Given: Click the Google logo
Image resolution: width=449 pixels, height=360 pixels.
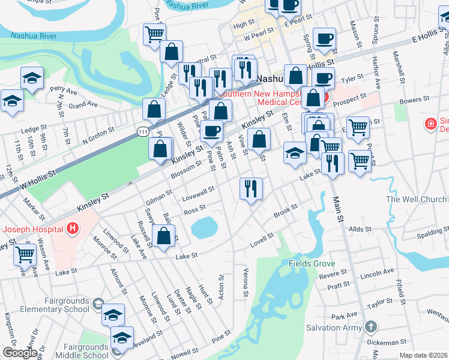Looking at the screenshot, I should coord(20,353).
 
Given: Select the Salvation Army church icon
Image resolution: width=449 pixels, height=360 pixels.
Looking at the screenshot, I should coord(371,327).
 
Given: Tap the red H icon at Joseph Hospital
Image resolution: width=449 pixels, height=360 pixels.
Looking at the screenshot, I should coord(73,229).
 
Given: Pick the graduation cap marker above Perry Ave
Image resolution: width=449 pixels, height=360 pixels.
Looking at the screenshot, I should coord(32,78).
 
